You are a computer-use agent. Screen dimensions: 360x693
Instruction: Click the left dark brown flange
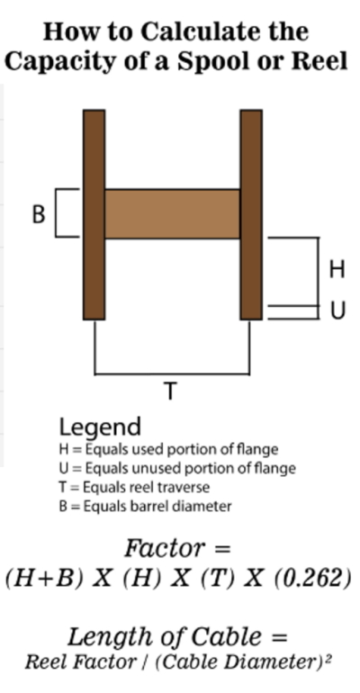click(x=94, y=214)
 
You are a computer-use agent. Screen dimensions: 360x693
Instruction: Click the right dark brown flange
click(x=251, y=214)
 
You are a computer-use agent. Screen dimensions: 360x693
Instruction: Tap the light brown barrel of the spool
click(x=172, y=214)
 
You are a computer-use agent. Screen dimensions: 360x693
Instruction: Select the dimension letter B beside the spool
click(x=39, y=214)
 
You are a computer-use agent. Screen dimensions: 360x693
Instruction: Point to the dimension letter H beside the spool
click(x=337, y=269)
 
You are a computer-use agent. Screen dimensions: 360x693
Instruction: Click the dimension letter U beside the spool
click(x=337, y=310)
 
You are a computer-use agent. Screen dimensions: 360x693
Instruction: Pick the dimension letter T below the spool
click(x=170, y=391)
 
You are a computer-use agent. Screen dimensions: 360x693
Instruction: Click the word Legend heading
click(x=100, y=427)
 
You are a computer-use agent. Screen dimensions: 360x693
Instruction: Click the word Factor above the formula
click(x=165, y=548)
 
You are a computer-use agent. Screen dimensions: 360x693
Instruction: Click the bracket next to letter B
click(x=56, y=213)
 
